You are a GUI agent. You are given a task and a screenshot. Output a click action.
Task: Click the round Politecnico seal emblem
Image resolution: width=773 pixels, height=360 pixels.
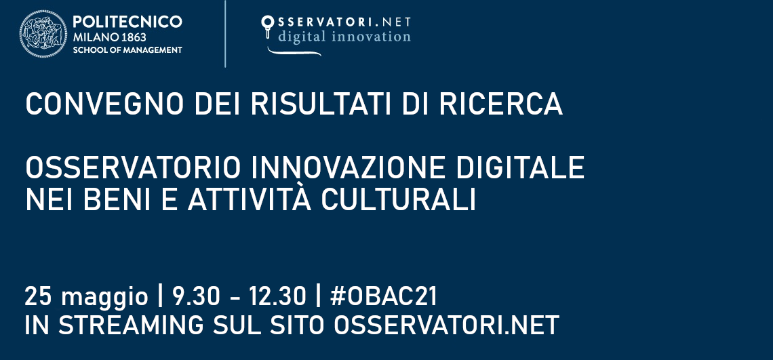tap(44, 35)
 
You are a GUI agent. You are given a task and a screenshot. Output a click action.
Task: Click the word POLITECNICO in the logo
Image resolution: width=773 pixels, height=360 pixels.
tap(127, 22)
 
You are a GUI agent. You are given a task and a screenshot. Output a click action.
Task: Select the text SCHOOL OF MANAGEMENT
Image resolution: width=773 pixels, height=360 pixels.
tap(127, 50)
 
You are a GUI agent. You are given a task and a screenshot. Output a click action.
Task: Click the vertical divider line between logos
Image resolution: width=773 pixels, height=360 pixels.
tap(225, 35)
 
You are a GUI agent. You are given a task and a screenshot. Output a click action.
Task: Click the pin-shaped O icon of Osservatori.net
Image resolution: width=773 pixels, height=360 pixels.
tap(267, 25)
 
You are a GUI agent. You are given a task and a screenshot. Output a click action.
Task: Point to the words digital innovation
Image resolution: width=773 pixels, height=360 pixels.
tap(344, 36)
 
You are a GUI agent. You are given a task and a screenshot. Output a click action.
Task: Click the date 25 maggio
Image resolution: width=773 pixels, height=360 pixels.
tap(85, 296)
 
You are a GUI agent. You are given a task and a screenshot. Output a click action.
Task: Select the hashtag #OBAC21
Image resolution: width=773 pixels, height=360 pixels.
tap(383, 296)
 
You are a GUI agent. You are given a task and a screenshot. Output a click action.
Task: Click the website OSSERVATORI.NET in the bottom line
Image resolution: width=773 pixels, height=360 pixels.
tap(447, 325)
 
